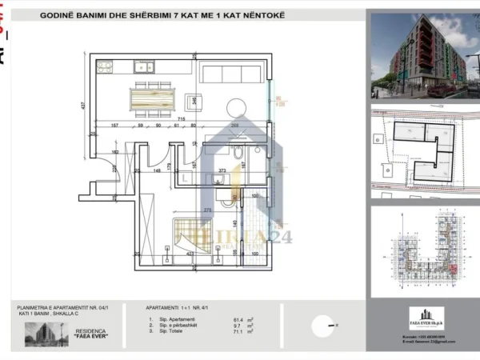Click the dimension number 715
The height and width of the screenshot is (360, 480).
click(182, 118)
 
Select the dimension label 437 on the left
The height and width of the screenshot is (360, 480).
click(82, 105)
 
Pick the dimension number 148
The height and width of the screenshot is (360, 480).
click(157, 170)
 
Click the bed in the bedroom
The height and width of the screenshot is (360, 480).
click(192, 236)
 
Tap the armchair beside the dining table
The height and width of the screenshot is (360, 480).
click(194, 99)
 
